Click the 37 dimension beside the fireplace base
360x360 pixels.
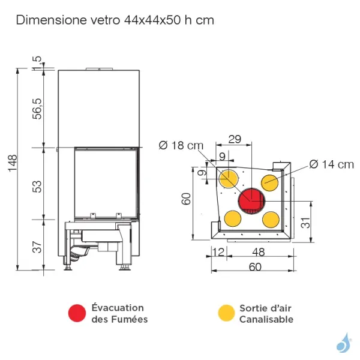pyautogui.click(x=37, y=246)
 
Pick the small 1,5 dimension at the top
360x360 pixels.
pyautogui.click(x=37, y=62)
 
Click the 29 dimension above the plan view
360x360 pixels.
pyautogui.click(x=234, y=139)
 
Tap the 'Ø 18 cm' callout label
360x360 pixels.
pyautogui.click(x=181, y=145)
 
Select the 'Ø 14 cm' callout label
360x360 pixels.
pyautogui.click(x=332, y=164)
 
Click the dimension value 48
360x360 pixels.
pyautogui.click(x=259, y=252)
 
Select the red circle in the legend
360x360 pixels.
pyautogui.click(x=77, y=313)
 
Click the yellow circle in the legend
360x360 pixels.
pyautogui.click(x=226, y=313)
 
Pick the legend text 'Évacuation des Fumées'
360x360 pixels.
pyautogui.click(x=119, y=313)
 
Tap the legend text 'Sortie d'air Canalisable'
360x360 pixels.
pyautogui.click(x=266, y=313)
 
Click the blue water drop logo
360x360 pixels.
pyautogui.click(x=343, y=343)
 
